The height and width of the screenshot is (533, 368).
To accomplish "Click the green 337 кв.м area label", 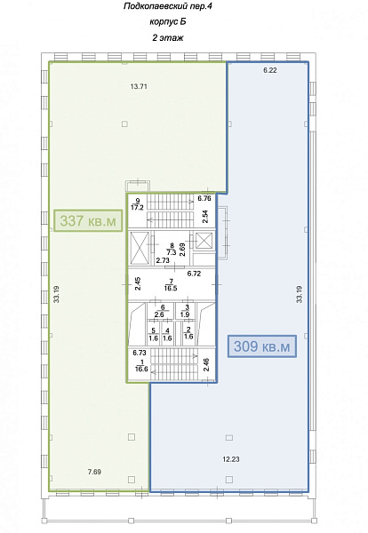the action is [x=88, y=220].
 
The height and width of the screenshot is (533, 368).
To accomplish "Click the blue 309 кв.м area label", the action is [x=262, y=346].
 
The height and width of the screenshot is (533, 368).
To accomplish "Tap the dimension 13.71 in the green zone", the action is [x=139, y=86].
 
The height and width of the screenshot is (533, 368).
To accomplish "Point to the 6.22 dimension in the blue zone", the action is [x=270, y=70].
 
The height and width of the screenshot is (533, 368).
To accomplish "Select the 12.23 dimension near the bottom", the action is [x=231, y=459].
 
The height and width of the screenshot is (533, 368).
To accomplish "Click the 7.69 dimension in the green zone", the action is [x=94, y=472].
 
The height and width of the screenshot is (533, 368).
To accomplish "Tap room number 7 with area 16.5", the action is [x=171, y=285].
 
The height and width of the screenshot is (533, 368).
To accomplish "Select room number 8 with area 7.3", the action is [x=172, y=249].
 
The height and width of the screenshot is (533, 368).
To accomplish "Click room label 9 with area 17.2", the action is [x=137, y=204].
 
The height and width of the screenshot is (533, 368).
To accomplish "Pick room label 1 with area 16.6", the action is [x=141, y=365].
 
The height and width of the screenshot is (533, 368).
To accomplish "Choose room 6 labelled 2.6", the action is [x=159, y=311].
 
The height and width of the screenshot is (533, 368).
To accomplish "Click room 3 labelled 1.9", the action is [x=185, y=311].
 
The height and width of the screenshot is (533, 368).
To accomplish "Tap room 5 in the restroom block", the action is [x=154, y=335].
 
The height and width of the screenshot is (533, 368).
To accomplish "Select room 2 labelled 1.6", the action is [x=188, y=333].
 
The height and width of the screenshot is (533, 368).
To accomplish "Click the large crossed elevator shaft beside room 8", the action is [x=139, y=248].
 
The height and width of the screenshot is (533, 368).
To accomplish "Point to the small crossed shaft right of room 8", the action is [x=204, y=242].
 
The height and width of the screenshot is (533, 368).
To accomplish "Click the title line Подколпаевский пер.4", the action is [x=168, y=6].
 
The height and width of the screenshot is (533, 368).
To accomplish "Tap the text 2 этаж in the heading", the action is [x=168, y=37].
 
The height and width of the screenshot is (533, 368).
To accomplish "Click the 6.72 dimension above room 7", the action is [x=194, y=274].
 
